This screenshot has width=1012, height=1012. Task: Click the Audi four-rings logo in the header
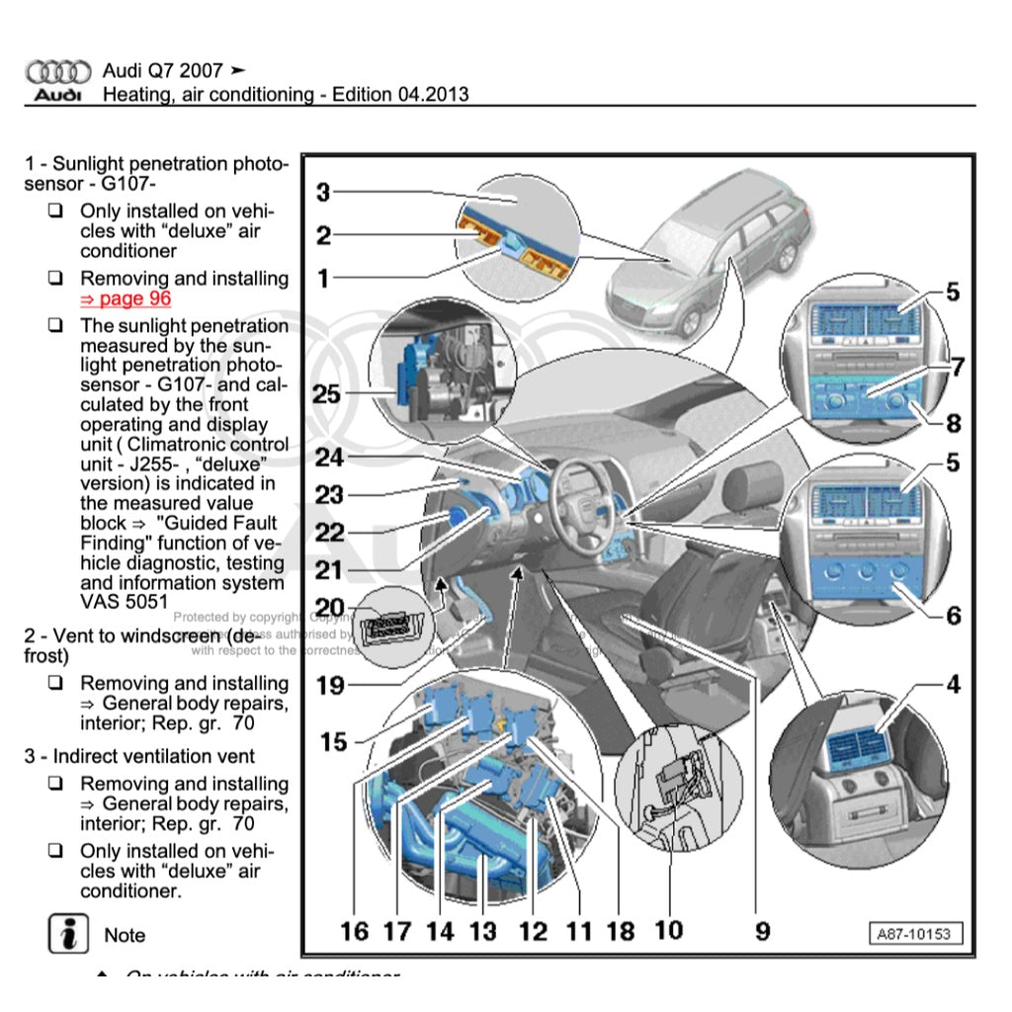pyautogui.click(x=58, y=72)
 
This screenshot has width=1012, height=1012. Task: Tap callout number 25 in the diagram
pyautogui.click(x=327, y=395)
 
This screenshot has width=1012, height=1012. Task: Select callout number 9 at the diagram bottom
pyautogui.click(x=763, y=930)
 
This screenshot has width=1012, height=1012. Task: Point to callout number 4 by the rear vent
pyautogui.click(x=953, y=684)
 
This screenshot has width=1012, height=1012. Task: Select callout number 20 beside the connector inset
pyautogui.click(x=329, y=608)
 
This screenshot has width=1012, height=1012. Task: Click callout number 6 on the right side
pyautogui.click(x=953, y=616)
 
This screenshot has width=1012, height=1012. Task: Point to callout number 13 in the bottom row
pyautogui.click(x=482, y=931)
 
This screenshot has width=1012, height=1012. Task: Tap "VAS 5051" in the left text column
pyautogui.click(x=124, y=601)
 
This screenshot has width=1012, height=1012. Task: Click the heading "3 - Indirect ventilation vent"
pyautogui.click(x=139, y=756)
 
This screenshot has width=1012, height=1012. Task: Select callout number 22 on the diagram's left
pyautogui.click(x=329, y=534)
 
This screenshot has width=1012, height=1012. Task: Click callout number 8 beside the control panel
pyautogui.click(x=953, y=424)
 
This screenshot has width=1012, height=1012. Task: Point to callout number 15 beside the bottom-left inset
pyautogui.click(x=334, y=741)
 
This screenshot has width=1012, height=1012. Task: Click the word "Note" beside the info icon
pyautogui.click(x=125, y=935)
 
